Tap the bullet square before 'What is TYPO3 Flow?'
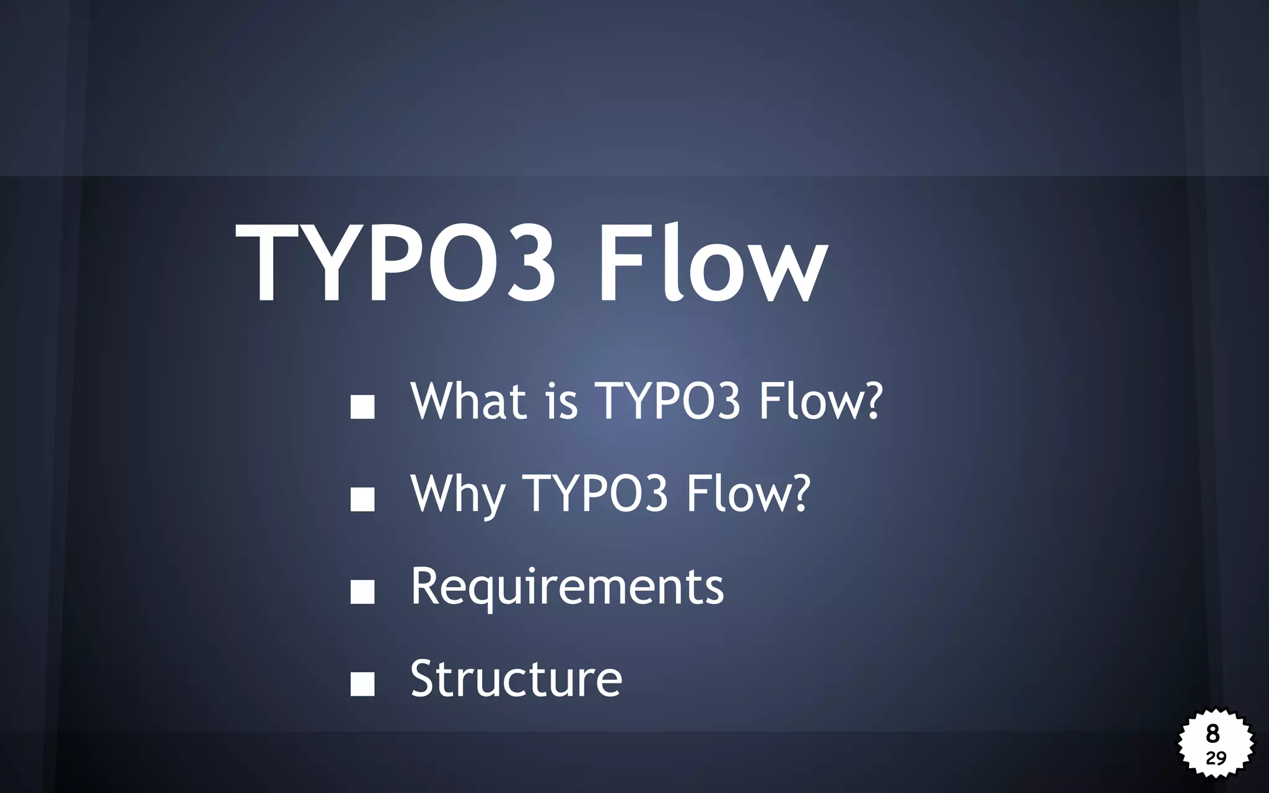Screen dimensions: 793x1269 click(362, 406)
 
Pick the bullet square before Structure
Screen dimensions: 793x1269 click(362, 684)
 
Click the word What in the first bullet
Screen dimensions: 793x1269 click(468, 401)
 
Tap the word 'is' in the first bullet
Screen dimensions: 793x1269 click(561, 401)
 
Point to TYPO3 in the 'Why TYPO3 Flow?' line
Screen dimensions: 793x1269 click(595, 494)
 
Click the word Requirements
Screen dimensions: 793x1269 click(567, 587)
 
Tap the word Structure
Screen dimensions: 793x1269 click(516, 679)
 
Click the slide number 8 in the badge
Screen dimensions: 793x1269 click(1213, 734)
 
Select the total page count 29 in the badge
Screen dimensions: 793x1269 click(1216, 758)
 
